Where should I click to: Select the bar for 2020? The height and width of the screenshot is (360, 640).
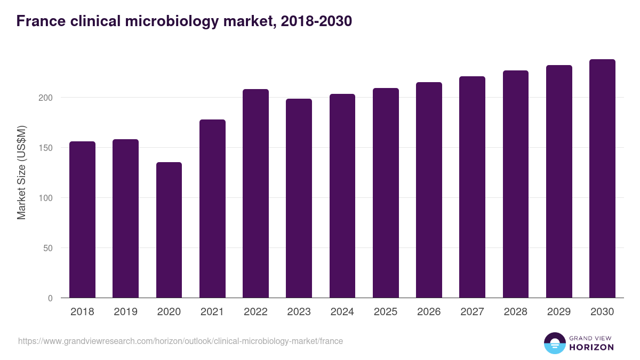point(169,230)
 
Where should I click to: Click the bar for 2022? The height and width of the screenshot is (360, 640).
point(255,194)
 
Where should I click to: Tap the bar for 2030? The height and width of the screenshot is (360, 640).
point(602,179)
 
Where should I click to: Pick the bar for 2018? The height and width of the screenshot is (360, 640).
point(82,220)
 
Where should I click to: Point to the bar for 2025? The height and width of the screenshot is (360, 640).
point(386,193)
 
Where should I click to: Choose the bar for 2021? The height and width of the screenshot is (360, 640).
point(212,209)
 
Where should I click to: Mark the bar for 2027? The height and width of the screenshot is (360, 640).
point(472,187)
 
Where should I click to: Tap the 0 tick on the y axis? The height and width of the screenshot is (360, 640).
point(50,298)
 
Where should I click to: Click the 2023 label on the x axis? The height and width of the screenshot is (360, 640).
point(299,312)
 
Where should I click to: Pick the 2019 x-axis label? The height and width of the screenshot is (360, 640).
point(125,312)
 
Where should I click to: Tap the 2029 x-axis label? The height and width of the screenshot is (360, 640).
point(559,312)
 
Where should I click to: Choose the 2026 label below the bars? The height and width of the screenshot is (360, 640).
point(429,312)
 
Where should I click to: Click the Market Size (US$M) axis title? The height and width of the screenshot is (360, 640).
point(21,173)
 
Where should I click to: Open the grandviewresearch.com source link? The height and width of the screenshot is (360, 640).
point(180,341)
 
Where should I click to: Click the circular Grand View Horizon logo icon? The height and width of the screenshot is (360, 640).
point(555,343)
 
